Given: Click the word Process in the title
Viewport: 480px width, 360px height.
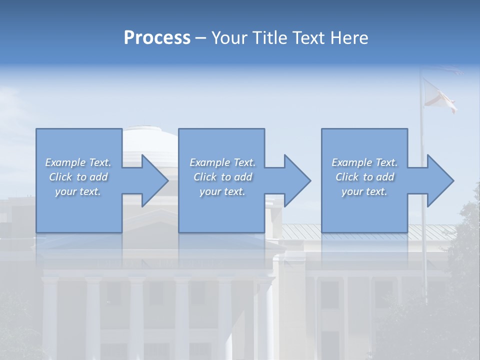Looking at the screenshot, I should coord(157,38).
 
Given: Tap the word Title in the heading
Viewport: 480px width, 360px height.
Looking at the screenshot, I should coord(271,38).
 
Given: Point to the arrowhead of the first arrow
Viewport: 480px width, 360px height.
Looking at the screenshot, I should coord(154,180).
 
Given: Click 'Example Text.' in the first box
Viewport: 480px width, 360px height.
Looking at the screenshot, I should coord(78,162).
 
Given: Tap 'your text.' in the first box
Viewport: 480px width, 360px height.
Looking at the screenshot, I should coord(78,191).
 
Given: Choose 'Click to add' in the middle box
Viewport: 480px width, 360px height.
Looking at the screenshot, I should coord(222,177).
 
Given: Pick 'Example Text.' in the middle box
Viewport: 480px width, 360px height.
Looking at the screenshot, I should coord(222,162).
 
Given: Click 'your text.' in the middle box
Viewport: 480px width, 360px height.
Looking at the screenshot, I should coord(222,191).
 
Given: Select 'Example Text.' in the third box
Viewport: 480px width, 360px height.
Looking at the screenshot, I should coord(364,162).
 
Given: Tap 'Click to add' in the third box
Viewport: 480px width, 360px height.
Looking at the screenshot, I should coord(364,177).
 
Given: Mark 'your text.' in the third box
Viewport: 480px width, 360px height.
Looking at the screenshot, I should coord(364,191).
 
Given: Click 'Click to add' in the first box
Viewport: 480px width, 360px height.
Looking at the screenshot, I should coord(78,177).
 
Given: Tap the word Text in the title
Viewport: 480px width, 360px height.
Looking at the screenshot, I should coord(307,38).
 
